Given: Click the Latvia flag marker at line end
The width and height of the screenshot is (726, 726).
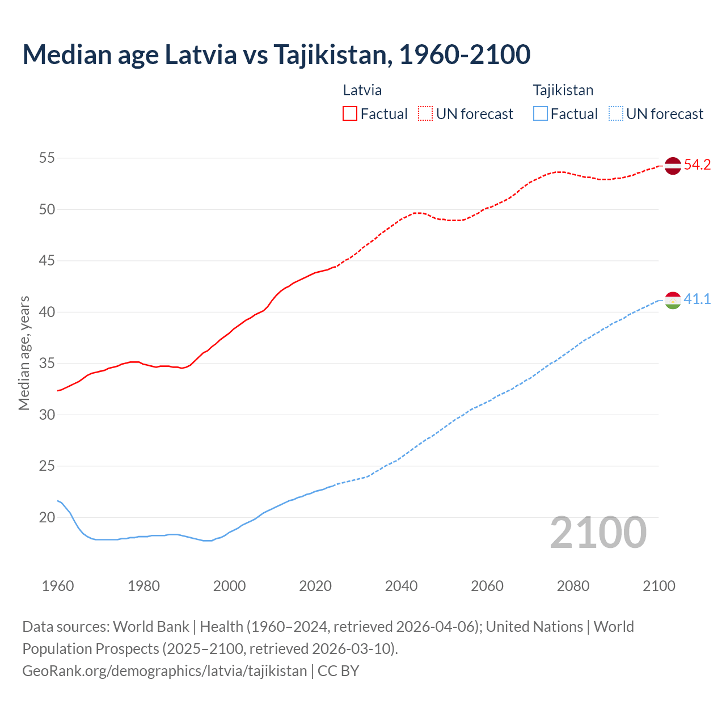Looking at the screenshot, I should tap(672, 166).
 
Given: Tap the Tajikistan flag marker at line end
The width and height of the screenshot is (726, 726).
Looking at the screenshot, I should tap(672, 300).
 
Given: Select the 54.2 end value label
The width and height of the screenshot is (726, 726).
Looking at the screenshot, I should tap(697, 165).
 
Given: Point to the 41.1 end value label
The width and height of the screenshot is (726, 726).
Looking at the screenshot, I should tap(697, 299).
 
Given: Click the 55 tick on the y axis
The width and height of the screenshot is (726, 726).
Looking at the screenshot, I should tap(47, 158).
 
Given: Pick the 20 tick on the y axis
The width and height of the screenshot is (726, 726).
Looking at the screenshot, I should tap(47, 517).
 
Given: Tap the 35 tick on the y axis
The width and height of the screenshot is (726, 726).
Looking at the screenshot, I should tap(47, 363).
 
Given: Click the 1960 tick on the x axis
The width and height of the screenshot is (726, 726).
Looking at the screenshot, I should tap(58, 586).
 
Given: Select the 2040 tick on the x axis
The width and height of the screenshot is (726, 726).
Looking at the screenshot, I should tap(401, 586).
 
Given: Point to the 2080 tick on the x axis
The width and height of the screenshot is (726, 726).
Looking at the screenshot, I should tap(573, 586).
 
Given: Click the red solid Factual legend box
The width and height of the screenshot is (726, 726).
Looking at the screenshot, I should tap(350, 114).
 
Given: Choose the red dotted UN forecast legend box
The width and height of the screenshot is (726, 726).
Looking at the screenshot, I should tap(425, 114).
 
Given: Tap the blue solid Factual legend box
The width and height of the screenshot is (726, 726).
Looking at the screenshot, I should tap(541, 114).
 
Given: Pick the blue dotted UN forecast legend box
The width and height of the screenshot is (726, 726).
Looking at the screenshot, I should tap(615, 114).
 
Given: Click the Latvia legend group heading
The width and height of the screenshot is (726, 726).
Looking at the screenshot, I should tap(362, 90).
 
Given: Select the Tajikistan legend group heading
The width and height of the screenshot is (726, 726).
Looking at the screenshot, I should tap(563, 90).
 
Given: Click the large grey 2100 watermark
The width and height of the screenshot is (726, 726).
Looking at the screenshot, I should tap(598, 533).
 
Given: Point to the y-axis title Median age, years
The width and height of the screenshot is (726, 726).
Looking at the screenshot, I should tap(24, 353).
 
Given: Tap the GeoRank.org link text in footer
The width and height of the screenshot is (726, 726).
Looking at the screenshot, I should tap(164, 671).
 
